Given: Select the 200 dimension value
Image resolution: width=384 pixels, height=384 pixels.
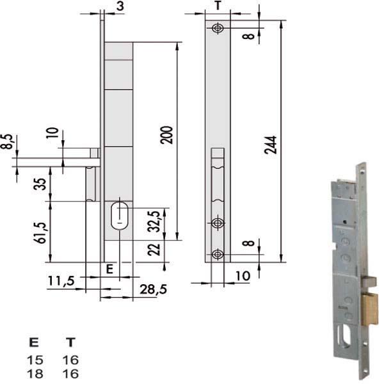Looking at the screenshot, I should pyautogui.click(x=167, y=135).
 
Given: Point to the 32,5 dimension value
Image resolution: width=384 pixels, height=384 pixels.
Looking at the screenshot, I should pyautogui.click(x=154, y=221).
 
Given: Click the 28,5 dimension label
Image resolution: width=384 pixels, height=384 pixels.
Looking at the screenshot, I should pyautogui.click(x=150, y=289).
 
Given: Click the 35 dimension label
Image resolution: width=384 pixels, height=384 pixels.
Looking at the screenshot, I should pyautogui.click(x=40, y=184).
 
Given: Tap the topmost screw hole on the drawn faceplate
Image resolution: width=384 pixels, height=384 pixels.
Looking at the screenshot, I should pyautogui.click(x=218, y=28).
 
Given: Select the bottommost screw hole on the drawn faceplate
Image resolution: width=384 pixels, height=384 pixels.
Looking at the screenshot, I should pyautogui.click(x=218, y=254).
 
